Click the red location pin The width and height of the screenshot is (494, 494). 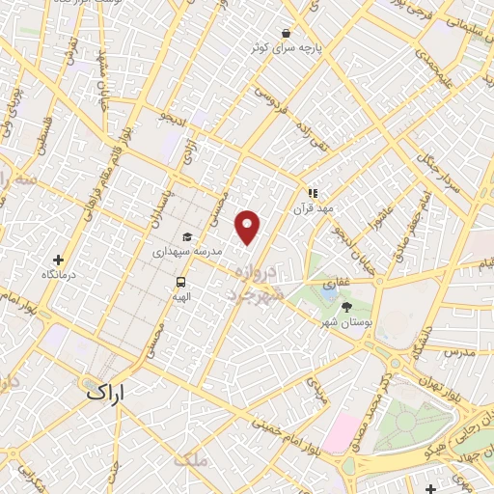click(x=249, y=227)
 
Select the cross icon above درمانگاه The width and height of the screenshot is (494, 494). click(x=58, y=260)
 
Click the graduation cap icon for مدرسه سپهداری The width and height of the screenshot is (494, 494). click(x=186, y=237)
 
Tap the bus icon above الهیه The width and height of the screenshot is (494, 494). click(x=180, y=283)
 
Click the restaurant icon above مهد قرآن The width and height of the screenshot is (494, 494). click(x=313, y=192)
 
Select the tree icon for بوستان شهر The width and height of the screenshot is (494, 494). click(x=346, y=306)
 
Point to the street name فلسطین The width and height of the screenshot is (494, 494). click(x=43, y=136)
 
